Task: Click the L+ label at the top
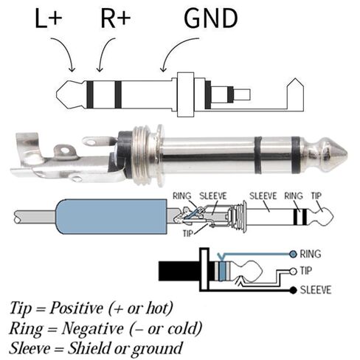[48, 18]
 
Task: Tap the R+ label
[115, 18]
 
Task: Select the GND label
[211, 18]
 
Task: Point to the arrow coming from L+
[66, 50]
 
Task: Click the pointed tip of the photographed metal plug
[347, 154]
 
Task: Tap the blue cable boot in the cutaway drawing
[112, 216]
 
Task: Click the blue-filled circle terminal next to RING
[293, 254]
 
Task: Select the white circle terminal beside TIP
[294, 271]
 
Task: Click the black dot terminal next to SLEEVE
[293, 291]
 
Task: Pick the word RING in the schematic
[311, 254]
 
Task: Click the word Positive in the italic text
[76, 308]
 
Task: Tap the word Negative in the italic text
[92, 329]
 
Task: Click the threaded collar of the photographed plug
[145, 155]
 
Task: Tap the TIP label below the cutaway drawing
[187, 233]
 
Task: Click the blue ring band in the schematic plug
[222, 271]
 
